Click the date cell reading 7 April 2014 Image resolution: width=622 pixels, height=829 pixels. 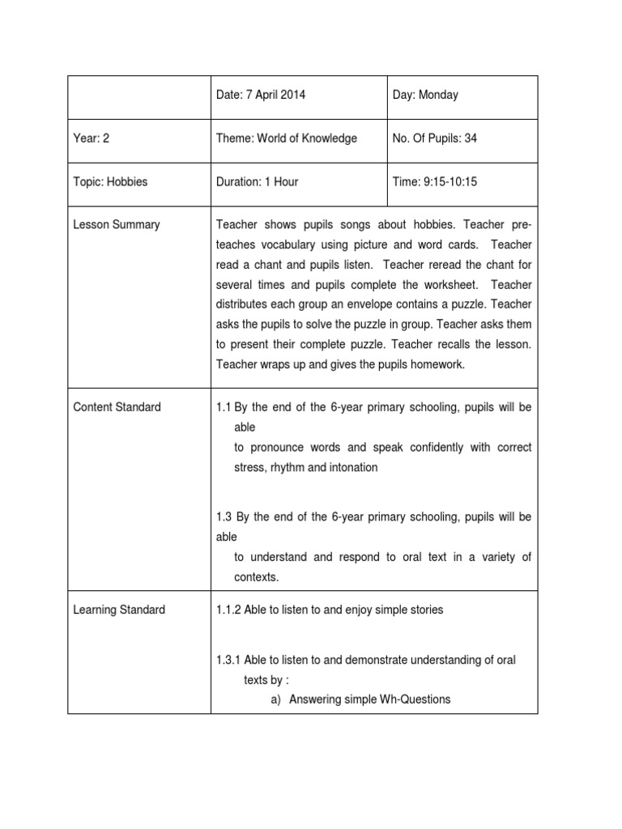[261, 95]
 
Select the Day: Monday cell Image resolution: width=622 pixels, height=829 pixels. [425, 95]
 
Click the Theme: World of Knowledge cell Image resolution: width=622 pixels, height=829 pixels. [287, 138]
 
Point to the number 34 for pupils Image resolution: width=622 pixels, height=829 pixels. [471, 138]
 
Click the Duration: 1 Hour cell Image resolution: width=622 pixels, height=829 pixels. [257, 181]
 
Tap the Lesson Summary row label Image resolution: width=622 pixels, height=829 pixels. [117, 224]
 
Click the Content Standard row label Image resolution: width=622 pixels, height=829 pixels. [117, 407]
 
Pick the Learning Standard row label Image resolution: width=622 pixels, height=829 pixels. [119, 610]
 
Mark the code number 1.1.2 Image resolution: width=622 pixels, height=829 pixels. [231, 610]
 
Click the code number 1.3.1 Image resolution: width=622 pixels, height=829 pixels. [231, 660]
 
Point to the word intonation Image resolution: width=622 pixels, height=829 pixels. [349, 467]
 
